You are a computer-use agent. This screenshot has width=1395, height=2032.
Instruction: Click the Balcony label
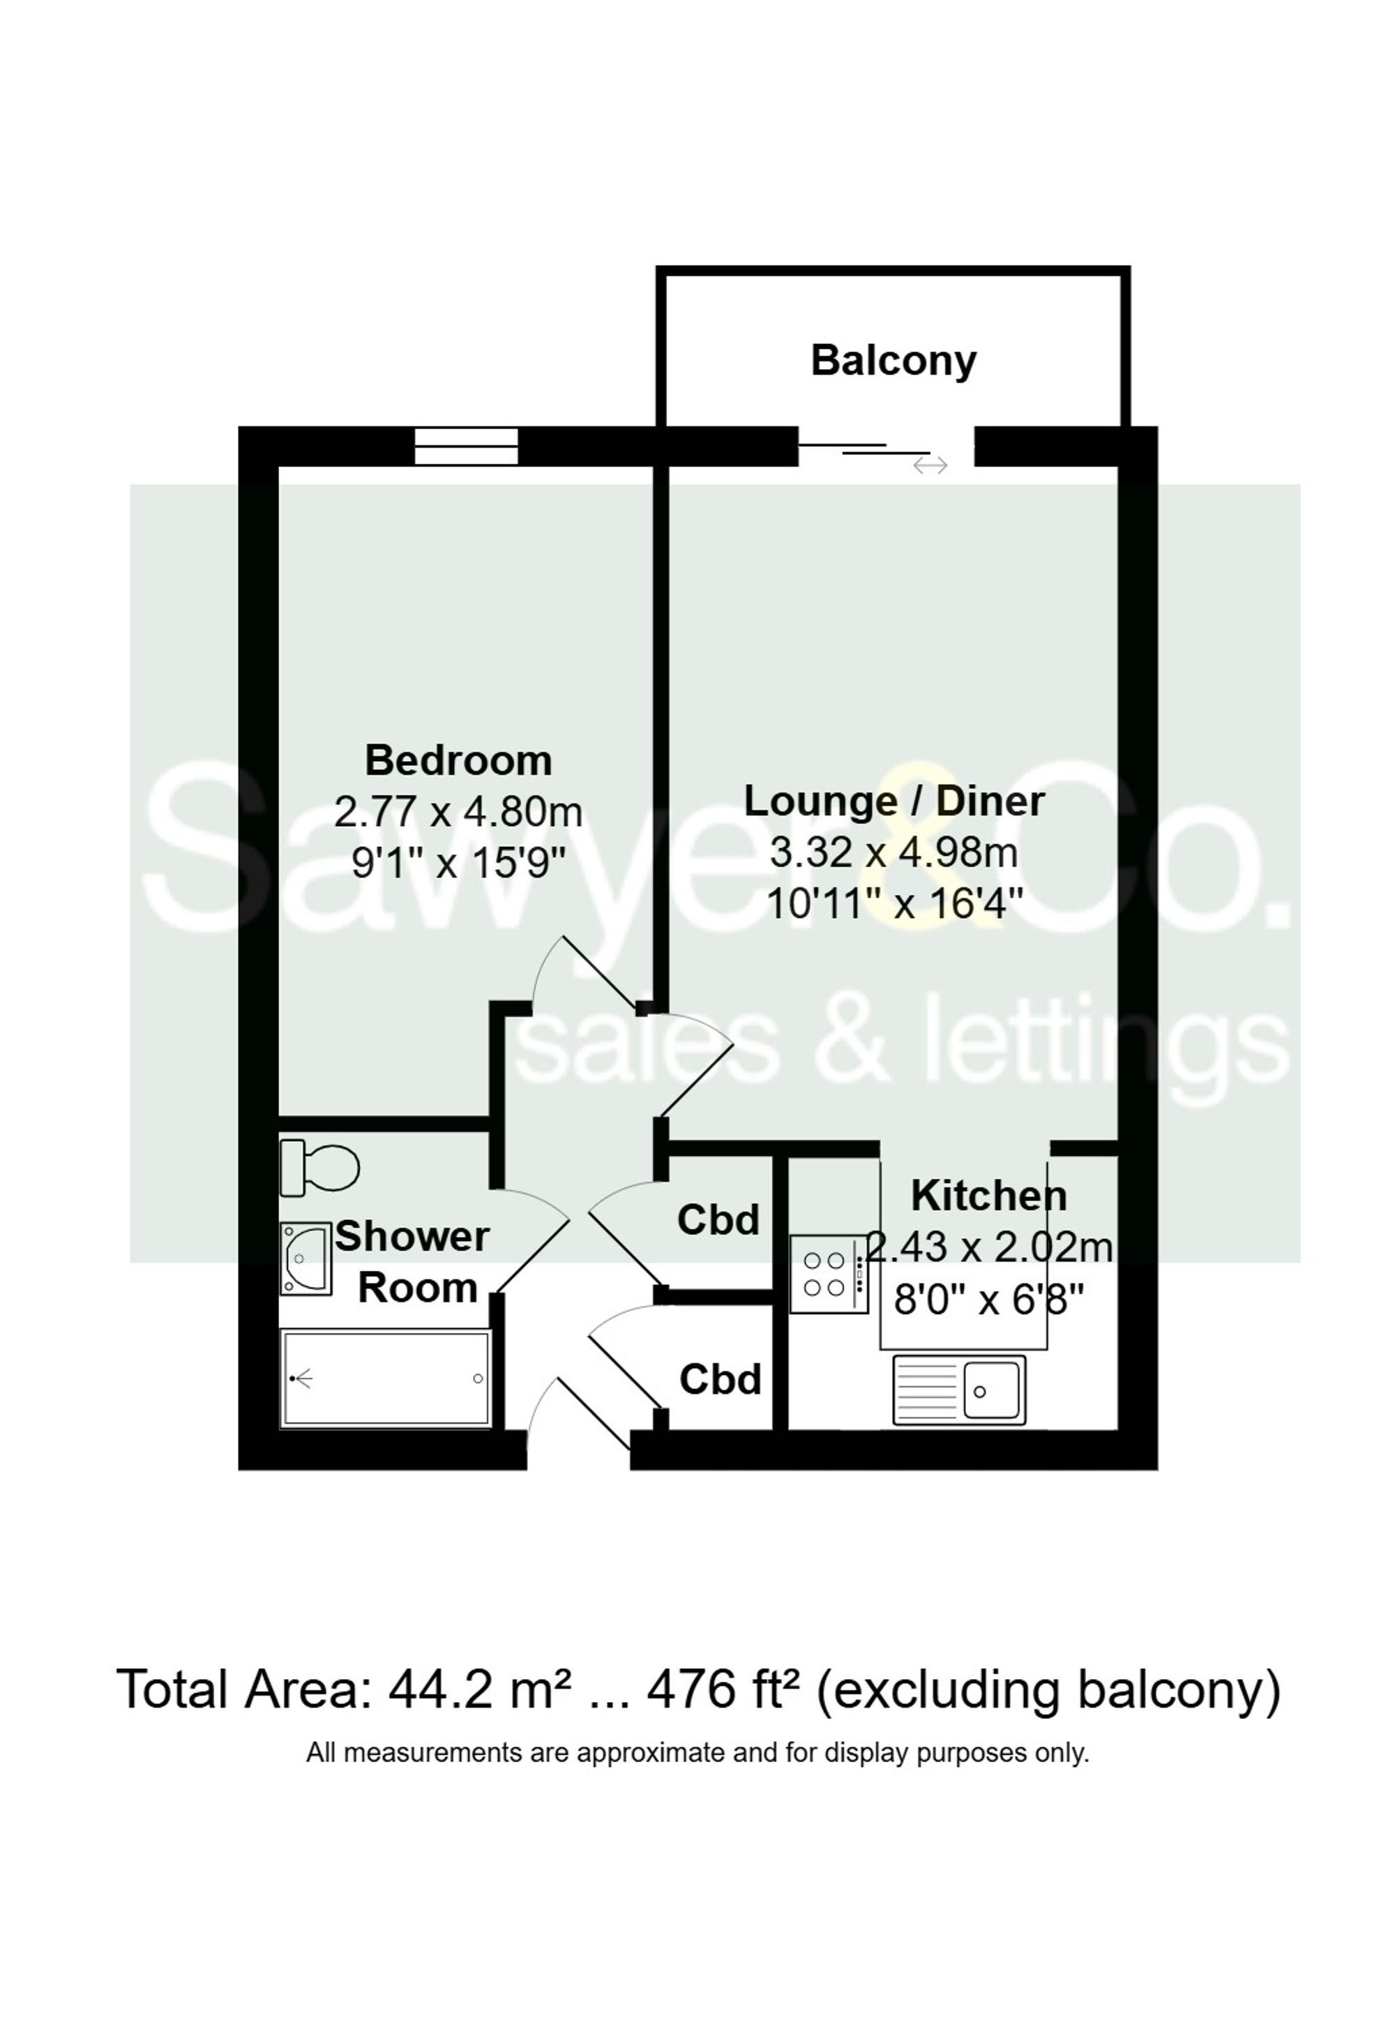893,360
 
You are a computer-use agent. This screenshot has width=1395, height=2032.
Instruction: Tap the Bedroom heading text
458,760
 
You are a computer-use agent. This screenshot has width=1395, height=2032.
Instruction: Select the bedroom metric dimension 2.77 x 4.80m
458,811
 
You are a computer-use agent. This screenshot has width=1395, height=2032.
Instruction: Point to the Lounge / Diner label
893,801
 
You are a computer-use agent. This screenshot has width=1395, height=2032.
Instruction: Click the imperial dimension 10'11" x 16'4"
893,903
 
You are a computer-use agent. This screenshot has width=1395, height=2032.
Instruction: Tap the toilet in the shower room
321,1167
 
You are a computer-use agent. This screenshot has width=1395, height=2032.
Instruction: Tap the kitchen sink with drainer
958,1390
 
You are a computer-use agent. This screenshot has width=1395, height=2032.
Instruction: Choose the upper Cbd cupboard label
718,1220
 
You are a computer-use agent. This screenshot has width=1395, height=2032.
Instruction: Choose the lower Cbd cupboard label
721,1379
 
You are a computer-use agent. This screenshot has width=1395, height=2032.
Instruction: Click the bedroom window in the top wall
466,446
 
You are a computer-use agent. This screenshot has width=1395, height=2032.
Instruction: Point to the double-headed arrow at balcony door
930,466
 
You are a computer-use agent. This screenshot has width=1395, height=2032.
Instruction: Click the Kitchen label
988,1195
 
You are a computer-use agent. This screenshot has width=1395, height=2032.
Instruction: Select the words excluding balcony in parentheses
1048,1689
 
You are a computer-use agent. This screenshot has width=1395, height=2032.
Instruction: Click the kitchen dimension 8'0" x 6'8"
988,1300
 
